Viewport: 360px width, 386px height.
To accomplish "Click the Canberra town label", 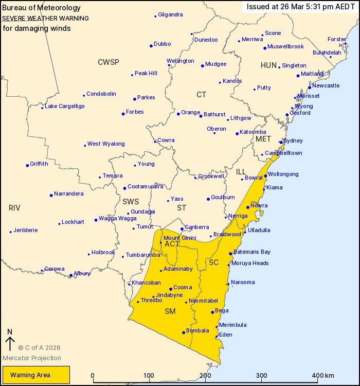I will pyautogui.click(x=197, y=227).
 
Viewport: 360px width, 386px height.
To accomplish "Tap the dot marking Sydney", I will pyautogui.click(x=281, y=143).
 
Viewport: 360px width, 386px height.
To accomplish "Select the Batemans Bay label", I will pyautogui.click(x=251, y=252).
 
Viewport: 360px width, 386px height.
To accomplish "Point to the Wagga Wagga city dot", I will pyautogui.click(x=96, y=220).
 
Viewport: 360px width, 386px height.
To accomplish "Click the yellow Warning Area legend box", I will pyautogui.click(x=35, y=375).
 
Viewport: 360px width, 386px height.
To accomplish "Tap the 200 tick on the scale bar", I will pyautogui.click(x=206, y=382).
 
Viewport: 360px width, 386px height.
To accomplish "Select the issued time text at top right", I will pyautogui.click(x=300, y=7).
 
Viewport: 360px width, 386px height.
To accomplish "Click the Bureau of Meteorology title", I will pyautogui.click(x=41, y=8).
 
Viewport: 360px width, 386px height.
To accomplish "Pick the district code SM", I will pyautogui.click(x=170, y=311).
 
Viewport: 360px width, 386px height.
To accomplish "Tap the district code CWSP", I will pyautogui.click(x=108, y=62).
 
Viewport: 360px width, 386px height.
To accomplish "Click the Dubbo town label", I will pyautogui.click(x=162, y=44).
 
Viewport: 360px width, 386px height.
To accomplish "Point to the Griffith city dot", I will pyautogui.click(x=27, y=165).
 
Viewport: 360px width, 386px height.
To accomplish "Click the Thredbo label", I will pyautogui.click(x=152, y=300).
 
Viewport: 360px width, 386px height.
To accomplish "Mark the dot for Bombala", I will pyautogui.click(x=184, y=332).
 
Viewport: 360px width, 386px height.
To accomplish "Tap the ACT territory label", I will pyautogui.click(x=172, y=244).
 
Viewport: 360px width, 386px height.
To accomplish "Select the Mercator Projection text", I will pyautogui.click(x=32, y=358).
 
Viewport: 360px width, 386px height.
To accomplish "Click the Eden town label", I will pyautogui.click(x=226, y=335).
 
